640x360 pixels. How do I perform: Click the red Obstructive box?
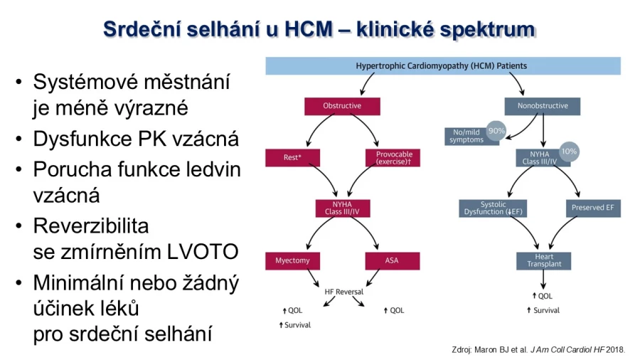click(x=342, y=106)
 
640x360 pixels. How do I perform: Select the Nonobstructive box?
click(x=543, y=106)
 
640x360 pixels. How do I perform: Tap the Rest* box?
click(x=292, y=157)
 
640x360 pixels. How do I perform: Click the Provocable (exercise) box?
click(x=393, y=157)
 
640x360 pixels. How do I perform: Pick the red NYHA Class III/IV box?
click(x=343, y=208)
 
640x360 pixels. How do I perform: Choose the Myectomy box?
click(x=292, y=261)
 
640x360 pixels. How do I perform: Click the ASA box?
click(x=393, y=261)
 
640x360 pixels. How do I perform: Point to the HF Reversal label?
click(x=343, y=292)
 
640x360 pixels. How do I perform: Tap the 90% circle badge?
click(x=496, y=131)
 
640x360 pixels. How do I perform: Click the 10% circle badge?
click(x=569, y=152)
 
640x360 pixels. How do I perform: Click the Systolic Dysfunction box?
click(x=493, y=208)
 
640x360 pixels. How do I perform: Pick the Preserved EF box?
click(x=593, y=208)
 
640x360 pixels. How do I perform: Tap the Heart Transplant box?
click(x=544, y=261)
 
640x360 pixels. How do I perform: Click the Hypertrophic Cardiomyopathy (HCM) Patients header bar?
click(x=443, y=66)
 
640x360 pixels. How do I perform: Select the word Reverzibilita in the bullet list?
click(x=90, y=226)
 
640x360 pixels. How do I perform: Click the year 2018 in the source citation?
click(x=615, y=350)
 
